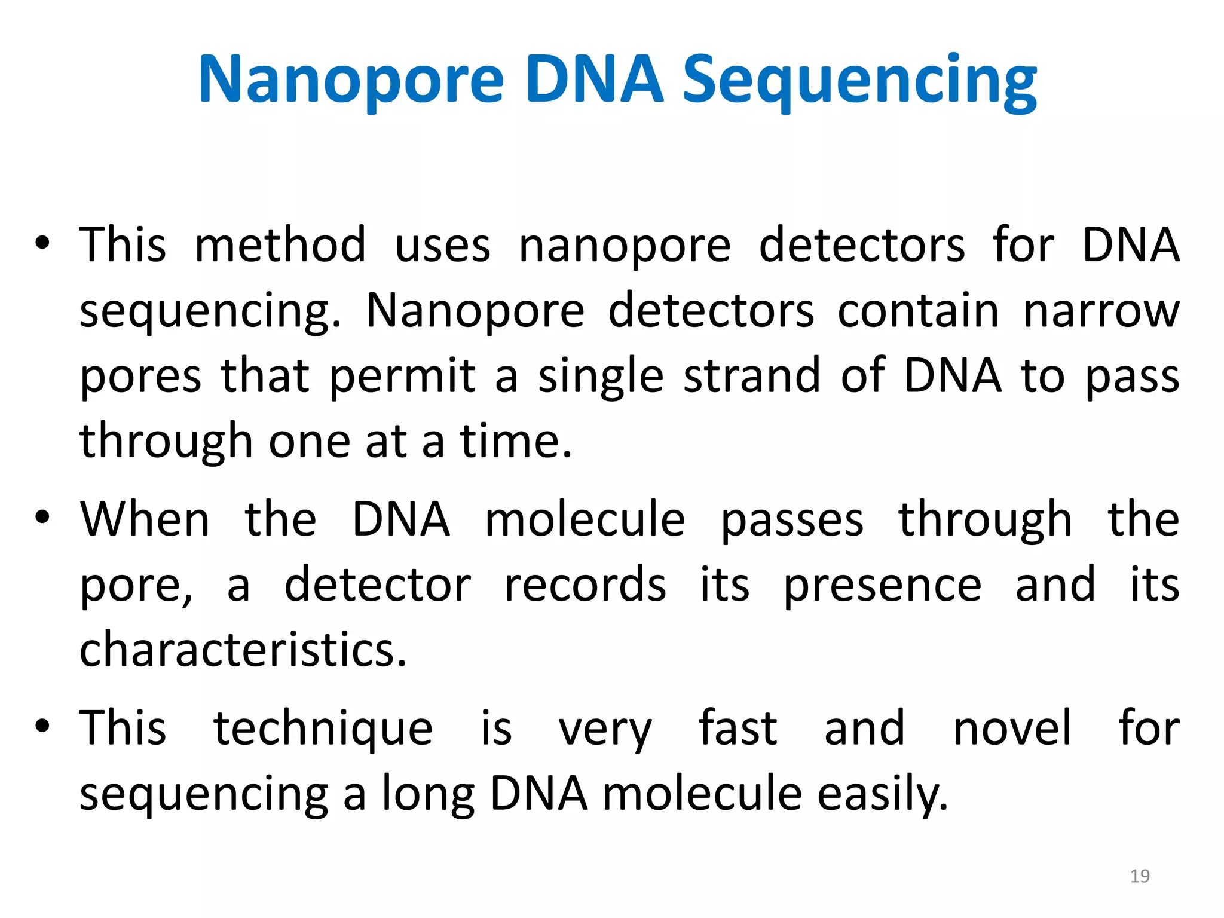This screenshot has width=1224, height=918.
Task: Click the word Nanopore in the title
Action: (x=351, y=79)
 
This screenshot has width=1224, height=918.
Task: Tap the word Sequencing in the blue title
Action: (x=859, y=81)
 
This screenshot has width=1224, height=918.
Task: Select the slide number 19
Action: (x=1140, y=876)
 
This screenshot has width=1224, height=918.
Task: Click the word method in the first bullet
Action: (x=280, y=245)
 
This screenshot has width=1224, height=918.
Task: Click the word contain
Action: (x=918, y=311)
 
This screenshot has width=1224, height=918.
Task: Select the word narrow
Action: (x=1101, y=311)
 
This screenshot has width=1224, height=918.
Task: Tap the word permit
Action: (x=402, y=377)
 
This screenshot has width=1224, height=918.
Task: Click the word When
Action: (x=145, y=519)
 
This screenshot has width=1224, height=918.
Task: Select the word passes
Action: (x=792, y=520)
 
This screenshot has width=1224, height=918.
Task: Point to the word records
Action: (x=585, y=585)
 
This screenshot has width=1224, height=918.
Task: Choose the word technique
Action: (x=323, y=729)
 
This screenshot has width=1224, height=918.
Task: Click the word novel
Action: (x=1012, y=727)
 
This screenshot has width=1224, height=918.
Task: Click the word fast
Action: (x=738, y=727)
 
